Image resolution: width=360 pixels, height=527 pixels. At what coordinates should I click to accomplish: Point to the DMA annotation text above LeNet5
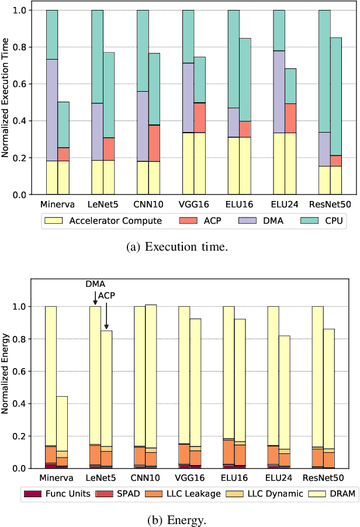pyautogui.click(x=95, y=283)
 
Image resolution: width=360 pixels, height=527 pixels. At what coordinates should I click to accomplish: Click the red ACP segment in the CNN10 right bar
pyautogui.click(x=154, y=143)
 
